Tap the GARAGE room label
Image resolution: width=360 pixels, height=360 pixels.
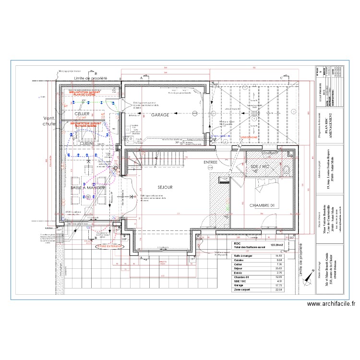tap(160, 116)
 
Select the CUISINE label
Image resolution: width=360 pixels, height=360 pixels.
tap(87, 143)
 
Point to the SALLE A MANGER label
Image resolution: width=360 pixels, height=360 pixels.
tap(88, 188)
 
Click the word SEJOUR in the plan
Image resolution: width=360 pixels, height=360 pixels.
tap(165, 187)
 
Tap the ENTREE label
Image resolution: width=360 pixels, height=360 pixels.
tap(210, 162)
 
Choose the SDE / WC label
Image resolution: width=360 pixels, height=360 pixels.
tap(261, 166)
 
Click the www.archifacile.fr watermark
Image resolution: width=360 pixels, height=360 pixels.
tap(331, 303)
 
